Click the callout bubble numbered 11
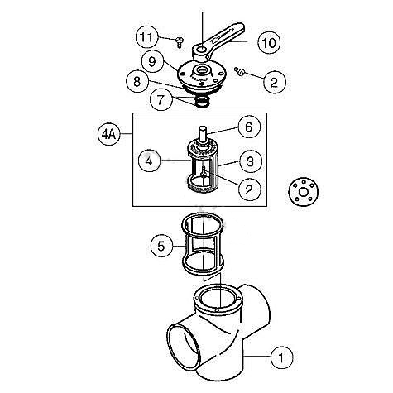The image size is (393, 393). coord(146,37)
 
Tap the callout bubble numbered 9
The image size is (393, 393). coord(150,61)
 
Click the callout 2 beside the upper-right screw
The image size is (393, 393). coord(275,80)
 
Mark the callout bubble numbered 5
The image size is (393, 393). coord(162,245)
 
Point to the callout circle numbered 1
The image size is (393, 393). coord(281,358)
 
